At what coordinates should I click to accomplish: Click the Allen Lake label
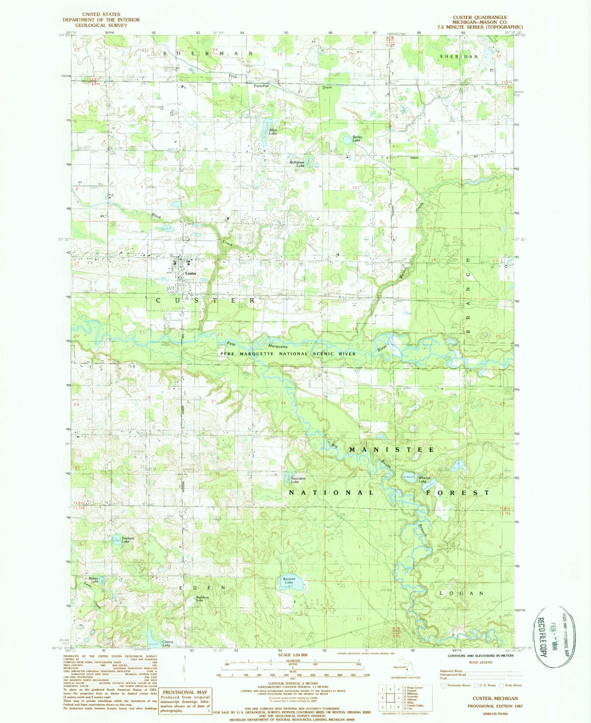point(273,131)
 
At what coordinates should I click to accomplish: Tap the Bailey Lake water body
point(347,140)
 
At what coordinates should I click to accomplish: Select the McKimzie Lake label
point(297,164)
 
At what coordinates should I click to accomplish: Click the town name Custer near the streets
point(191,273)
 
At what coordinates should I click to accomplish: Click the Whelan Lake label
point(424,480)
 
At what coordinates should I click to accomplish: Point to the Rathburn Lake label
point(202,599)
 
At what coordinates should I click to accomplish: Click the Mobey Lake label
point(93,580)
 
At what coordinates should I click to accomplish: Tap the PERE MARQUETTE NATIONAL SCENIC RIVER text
point(288,354)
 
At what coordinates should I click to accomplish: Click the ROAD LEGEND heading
point(481,662)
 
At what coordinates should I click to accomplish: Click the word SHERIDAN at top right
point(459,56)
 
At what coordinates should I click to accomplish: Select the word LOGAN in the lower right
point(461,593)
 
